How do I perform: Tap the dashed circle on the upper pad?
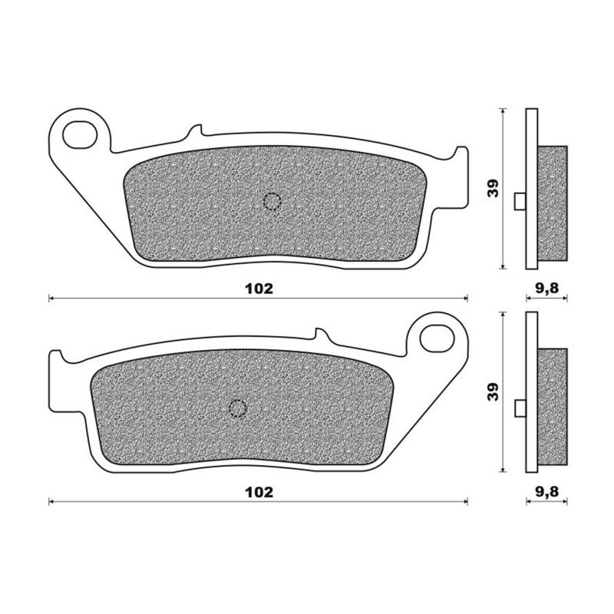pyautogui.click(x=272, y=202)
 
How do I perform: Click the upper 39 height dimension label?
pyautogui.click(x=495, y=188)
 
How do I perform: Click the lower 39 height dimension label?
pyautogui.click(x=495, y=391)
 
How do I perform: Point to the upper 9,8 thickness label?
pyautogui.click(x=546, y=289)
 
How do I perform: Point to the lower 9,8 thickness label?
pyautogui.click(x=546, y=492)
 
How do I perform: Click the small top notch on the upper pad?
pyautogui.click(x=193, y=131)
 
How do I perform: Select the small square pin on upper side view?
pyautogui.click(x=520, y=202)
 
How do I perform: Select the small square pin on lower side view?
pyautogui.click(x=520, y=408)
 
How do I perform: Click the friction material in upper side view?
pyautogui.click(x=552, y=203)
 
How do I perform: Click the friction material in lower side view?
pyautogui.click(x=552, y=407)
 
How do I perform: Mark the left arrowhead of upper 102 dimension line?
pyautogui.click(x=51, y=298)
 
